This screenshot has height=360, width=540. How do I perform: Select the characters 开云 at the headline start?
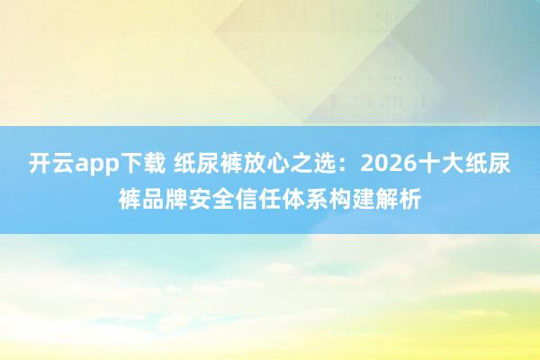click(x=51, y=165)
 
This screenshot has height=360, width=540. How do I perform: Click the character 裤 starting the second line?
click(x=129, y=194)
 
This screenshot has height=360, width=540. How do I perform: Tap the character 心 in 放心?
click(x=279, y=165)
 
